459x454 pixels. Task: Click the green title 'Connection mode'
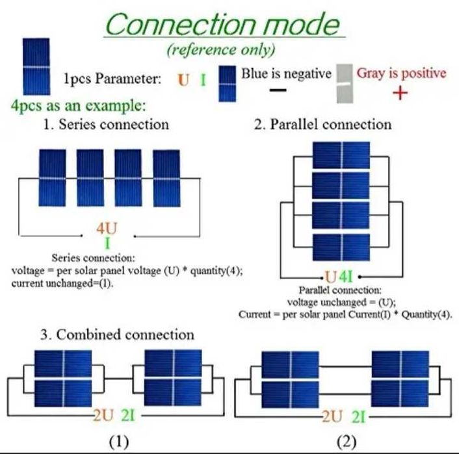coord(222,25)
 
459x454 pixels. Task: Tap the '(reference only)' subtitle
coord(221,50)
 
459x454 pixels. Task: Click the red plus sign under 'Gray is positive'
coord(400,94)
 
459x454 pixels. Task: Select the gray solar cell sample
coord(345,83)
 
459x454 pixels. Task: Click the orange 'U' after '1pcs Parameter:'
coord(183,80)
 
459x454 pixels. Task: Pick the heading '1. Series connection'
coord(106,124)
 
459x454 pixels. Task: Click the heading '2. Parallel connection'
coord(323,124)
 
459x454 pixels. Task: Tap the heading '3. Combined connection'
coord(118,334)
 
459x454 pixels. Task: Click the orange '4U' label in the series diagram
coord(107,229)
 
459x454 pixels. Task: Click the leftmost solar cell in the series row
coord(52,173)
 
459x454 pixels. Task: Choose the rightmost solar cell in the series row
coord(166,173)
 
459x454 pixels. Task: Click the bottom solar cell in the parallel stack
coord(341,247)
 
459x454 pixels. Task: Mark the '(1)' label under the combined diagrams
coord(118,442)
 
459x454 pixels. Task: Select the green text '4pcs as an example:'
coord(78,105)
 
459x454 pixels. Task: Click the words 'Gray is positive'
coord(401,73)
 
